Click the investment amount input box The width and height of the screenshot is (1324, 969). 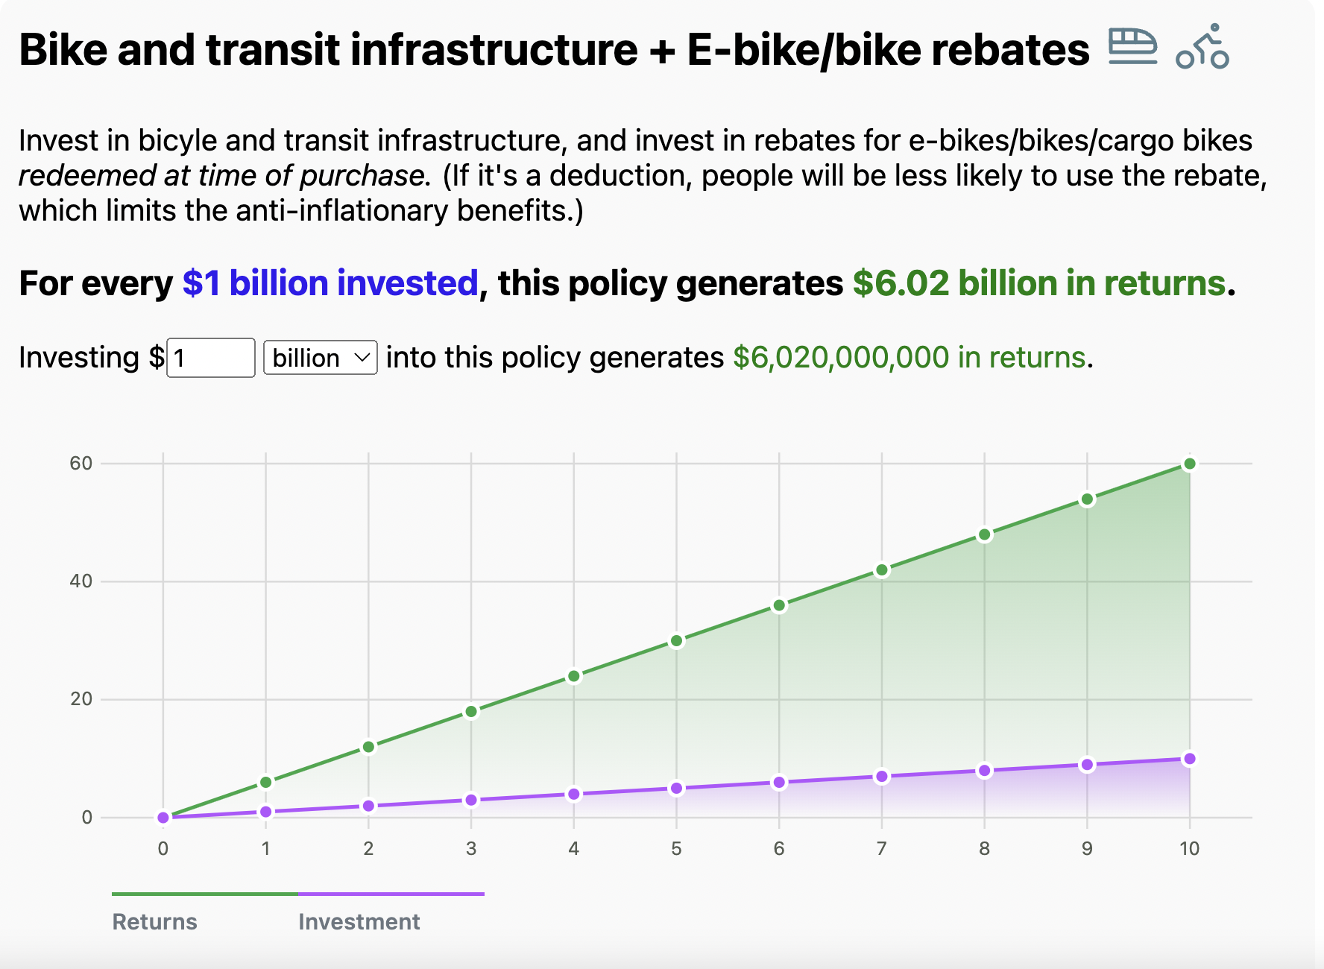(x=211, y=358)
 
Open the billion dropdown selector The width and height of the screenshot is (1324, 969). (x=321, y=358)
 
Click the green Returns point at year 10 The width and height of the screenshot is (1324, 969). (x=1190, y=464)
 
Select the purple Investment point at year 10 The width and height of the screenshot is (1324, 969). (x=1190, y=759)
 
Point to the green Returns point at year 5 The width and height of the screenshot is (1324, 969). (x=676, y=641)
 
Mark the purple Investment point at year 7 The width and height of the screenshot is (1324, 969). (x=882, y=777)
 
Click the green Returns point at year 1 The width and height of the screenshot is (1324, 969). (x=266, y=782)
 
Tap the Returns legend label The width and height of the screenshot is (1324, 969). (x=155, y=922)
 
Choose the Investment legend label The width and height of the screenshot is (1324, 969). (x=359, y=922)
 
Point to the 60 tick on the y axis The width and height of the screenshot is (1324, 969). (x=81, y=464)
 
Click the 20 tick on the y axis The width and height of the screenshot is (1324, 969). (x=81, y=699)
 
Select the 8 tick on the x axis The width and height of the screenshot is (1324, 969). (x=984, y=848)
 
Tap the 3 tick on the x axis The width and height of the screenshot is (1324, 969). (x=471, y=848)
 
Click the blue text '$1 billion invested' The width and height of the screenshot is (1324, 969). (x=330, y=283)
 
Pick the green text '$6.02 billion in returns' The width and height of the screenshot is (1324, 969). (x=1039, y=283)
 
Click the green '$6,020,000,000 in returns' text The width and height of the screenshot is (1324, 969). (x=909, y=358)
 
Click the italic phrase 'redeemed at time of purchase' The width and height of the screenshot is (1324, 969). (x=221, y=176)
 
